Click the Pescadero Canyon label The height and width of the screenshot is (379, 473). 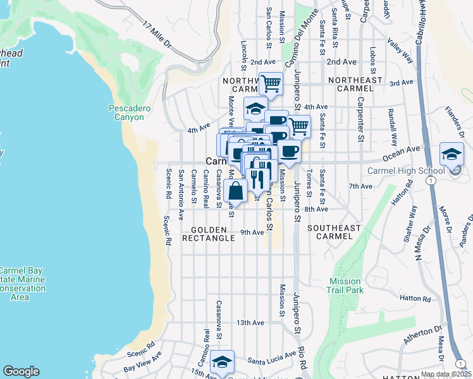129,112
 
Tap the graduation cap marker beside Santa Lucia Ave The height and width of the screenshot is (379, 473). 222,363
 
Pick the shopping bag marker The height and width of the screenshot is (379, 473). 235,190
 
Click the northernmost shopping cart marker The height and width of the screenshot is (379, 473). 271,83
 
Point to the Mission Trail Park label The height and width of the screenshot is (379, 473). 345,286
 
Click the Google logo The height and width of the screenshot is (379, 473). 21,371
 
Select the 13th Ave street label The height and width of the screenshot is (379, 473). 250,323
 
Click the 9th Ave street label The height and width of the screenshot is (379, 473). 252,232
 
